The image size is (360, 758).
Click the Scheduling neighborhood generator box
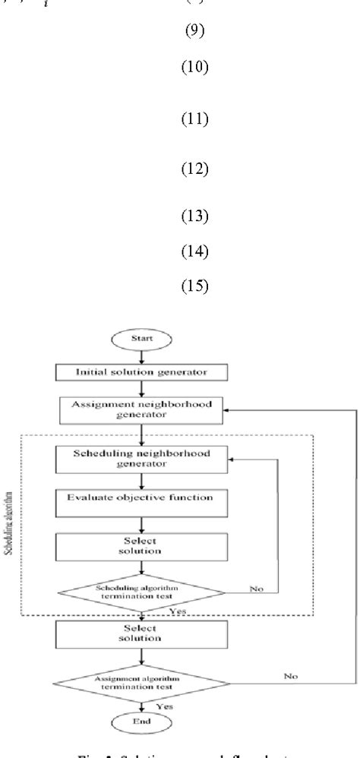pos(142,458)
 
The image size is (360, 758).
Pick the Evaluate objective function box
pos(142,497)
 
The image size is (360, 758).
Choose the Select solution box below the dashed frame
pos(142,633)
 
